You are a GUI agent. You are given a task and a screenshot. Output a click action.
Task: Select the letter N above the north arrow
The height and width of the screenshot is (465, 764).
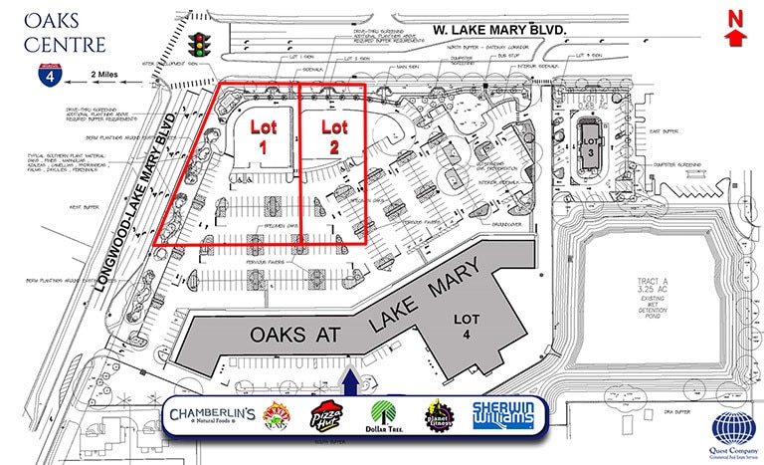pos(735,15)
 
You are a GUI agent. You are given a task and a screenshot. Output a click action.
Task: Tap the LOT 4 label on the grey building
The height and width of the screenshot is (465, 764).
pos(468,327)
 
